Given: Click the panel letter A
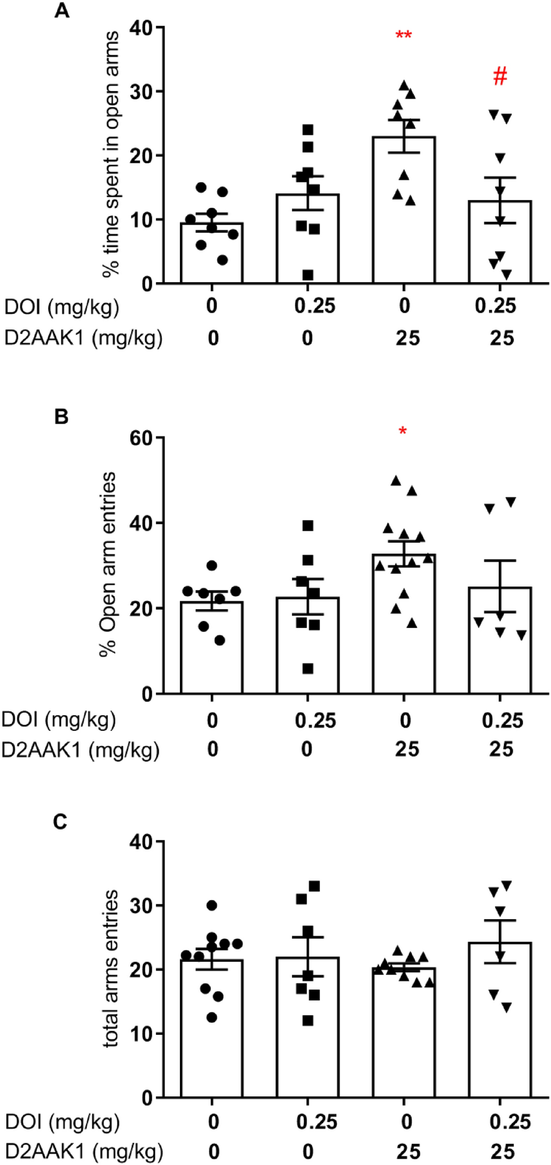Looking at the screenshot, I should [x=61, y=11].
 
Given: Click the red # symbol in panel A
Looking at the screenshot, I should [x=500, y=76].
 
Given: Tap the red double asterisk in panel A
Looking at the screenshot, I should [x=404, y=36].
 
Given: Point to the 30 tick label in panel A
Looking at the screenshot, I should [x=142, y=92].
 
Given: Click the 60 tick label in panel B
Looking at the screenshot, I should [x=142, y=438].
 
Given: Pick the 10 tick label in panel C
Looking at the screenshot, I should [x=142, y=1034].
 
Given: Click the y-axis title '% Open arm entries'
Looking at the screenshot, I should [x=108, y=564].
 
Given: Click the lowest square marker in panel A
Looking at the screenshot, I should [x=307, y=275].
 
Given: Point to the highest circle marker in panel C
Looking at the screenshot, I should [x=212, y=905].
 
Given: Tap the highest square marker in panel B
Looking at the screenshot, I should [x=308, y=526].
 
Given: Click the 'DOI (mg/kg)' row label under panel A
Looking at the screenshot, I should [x=61, y=307].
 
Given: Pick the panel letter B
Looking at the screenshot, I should [x=61, y=417].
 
